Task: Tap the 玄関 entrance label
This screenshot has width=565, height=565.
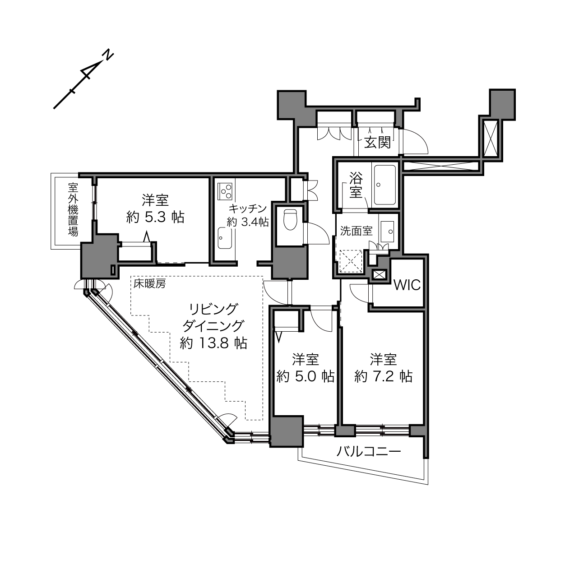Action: pos(378,143)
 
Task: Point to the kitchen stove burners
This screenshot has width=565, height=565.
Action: pos(225,191)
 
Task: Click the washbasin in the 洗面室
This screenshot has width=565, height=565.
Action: pos(387,232)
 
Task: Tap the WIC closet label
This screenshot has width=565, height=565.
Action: pos(407,285)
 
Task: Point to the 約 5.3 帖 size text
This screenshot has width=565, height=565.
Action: pos(155,218)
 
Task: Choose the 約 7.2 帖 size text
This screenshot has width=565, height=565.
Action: pos(383,376)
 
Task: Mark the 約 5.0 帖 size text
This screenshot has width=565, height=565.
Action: pos(305,376)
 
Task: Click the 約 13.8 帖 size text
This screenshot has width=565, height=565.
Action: pos(213,343)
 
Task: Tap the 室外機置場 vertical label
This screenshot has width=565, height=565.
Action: pos(73,209)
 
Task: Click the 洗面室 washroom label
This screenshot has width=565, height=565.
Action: pos(356,231)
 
